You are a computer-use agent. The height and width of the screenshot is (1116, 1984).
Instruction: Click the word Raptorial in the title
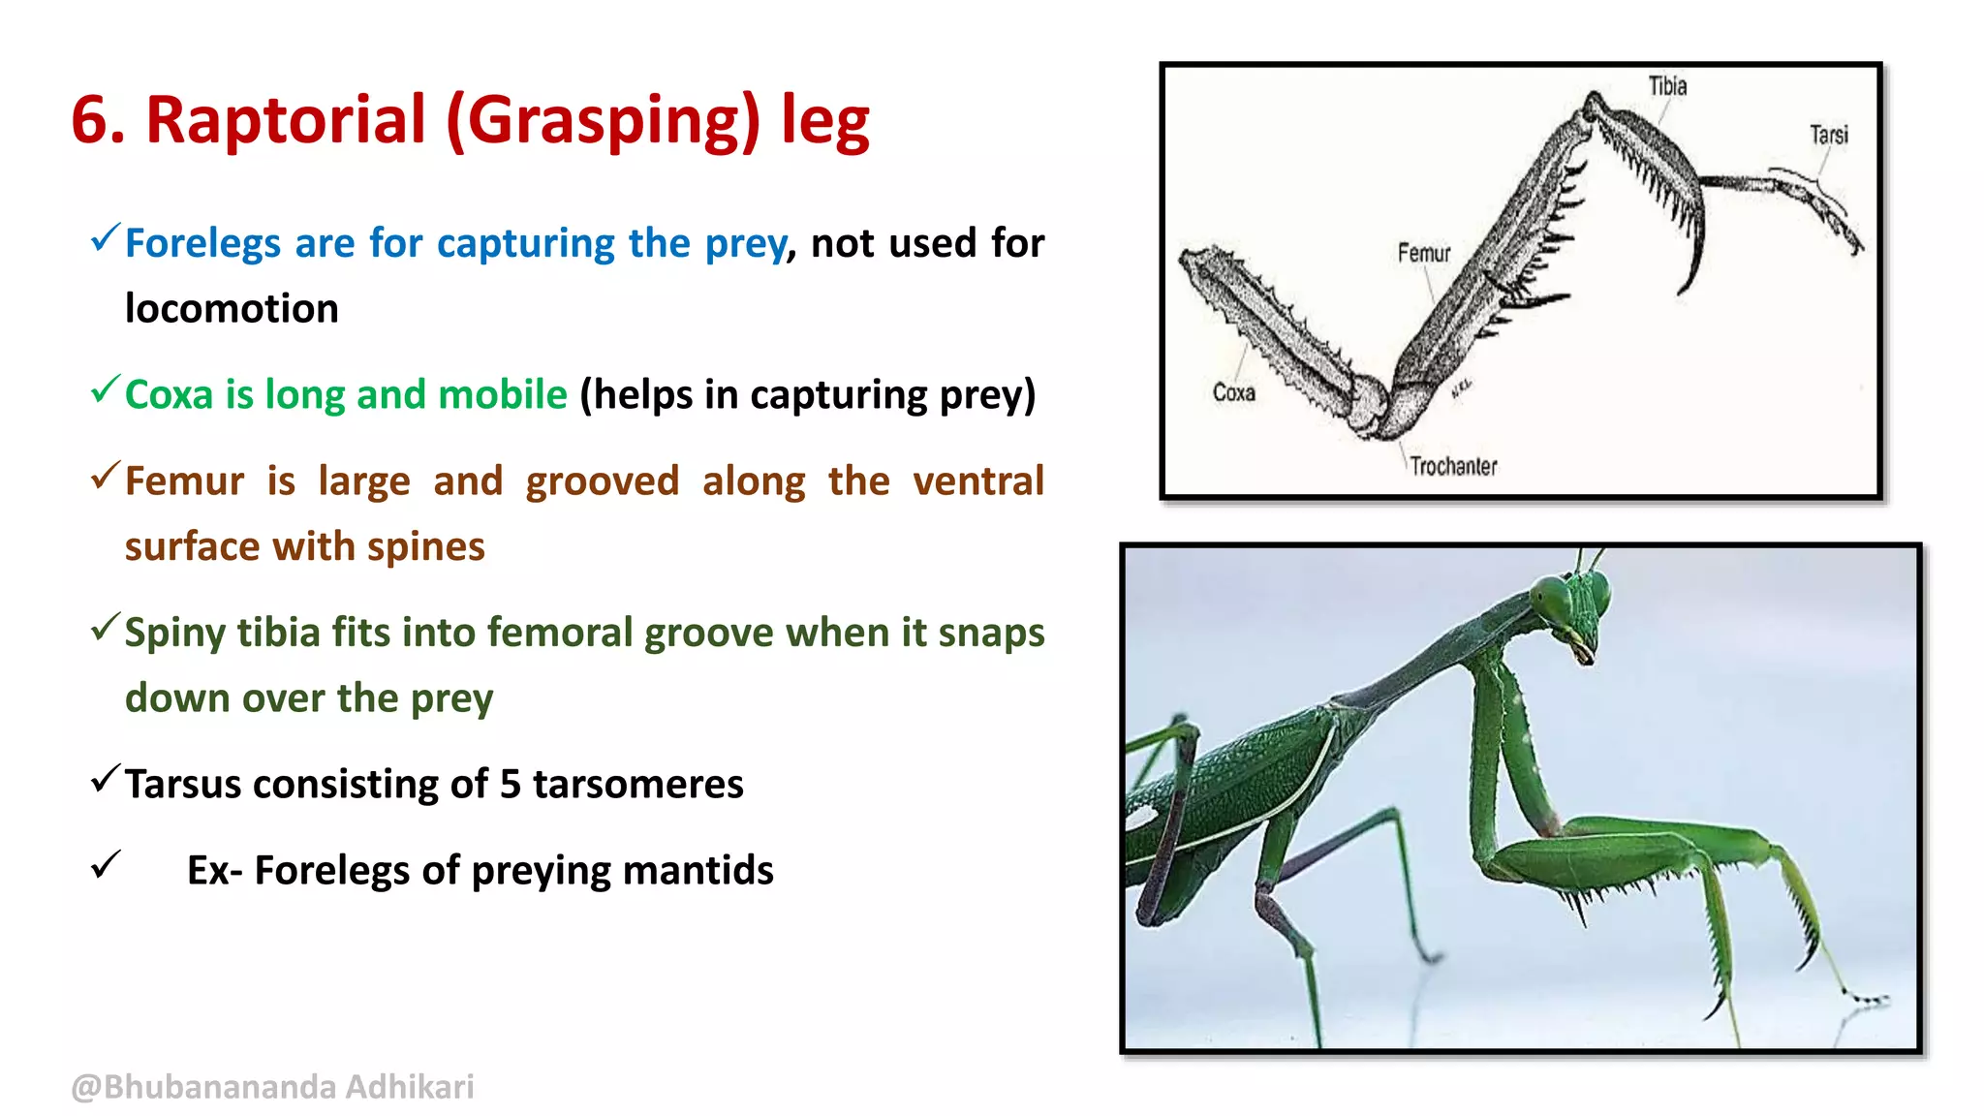(286, 120)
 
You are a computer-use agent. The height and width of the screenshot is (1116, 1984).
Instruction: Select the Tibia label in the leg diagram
(1667, 86)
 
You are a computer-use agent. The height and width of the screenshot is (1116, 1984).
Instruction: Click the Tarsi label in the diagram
(1828, 135)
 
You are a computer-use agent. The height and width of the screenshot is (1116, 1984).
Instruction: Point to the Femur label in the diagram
(1423, 253)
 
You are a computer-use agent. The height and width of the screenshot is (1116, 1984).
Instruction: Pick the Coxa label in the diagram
(1233, 392)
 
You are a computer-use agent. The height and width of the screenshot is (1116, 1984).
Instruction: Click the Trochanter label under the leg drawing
(1452, 467)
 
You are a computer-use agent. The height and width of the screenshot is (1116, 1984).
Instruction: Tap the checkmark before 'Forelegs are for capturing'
(105, 237)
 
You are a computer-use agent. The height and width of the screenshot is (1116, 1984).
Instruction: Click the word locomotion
(232, 309)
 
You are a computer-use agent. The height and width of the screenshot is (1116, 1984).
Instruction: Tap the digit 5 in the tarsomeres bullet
(511, 784)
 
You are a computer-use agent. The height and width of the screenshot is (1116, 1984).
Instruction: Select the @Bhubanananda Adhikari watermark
(272, 1087)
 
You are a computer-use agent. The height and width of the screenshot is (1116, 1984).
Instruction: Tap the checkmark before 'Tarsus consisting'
(105, 779)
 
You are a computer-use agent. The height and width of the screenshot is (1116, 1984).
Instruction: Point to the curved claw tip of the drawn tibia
(1687, 288)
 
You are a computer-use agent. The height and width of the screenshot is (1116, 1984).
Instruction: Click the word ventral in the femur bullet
(977, 481)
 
